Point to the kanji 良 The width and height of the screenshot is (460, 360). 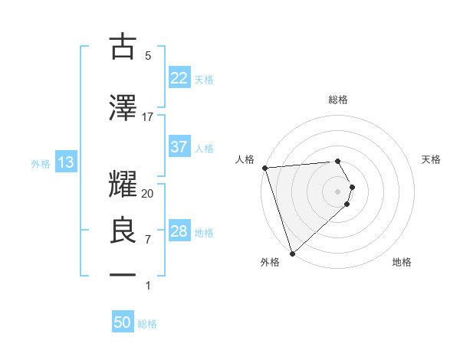[123, 231]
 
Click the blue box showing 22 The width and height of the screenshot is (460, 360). [179, 77]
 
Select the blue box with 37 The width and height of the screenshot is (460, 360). [179, 147]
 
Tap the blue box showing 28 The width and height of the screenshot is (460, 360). [179, 231]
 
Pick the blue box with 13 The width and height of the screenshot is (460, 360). [65, 162]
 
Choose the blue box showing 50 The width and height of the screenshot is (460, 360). [123, 322]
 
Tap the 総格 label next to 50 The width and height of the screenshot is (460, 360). [147, 324]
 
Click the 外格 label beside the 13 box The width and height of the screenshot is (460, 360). [41, 163]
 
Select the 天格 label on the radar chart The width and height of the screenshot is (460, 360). [432, 159]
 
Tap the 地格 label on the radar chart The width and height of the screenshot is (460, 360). [402, 262]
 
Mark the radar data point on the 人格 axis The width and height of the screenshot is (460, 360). [264, 168]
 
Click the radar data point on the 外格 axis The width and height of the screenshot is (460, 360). [292, 252]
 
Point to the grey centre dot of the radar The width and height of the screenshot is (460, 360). [337, 191]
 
